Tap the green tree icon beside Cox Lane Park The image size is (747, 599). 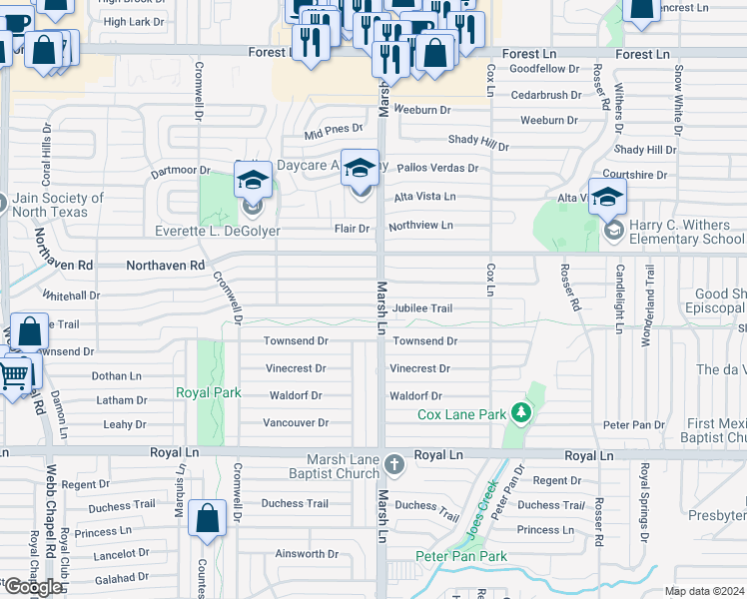tap(519, 412)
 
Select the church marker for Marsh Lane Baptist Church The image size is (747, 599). tap(395, 463)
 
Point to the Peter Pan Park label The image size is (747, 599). tap(461, 556)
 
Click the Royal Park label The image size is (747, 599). tap(209, 392)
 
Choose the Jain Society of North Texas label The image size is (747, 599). tap(59, 205)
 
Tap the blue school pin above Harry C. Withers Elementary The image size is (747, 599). tap(607, 198)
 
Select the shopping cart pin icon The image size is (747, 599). tap(14, 375)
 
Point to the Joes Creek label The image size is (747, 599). tap(476, 504)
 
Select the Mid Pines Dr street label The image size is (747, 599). tap(334, 130)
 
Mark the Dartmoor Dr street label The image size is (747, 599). tap(181, 172)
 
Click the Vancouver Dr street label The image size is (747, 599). tap(296, 423)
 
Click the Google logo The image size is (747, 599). tap(33, 587)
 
